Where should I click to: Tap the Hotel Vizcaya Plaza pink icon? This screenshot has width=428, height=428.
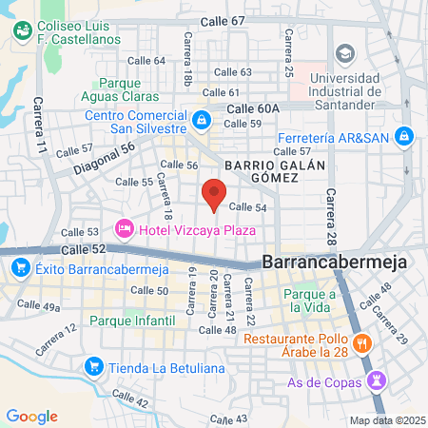(123, 228)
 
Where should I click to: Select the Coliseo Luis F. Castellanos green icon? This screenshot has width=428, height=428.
(21, 31)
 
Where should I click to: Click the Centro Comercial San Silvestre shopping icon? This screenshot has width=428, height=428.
(202, 120)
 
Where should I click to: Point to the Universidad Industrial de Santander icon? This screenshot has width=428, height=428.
(343, 52)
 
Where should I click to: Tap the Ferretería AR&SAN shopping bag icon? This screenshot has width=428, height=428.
(405, 136)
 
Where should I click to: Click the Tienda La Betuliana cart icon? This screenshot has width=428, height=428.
(93, 365)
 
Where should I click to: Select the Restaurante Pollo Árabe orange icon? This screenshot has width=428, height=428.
(361, 342)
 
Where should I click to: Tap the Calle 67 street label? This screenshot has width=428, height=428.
(224, 21)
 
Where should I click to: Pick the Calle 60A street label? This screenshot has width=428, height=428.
(252, 108)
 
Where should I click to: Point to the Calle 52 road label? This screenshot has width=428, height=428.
(81, 248)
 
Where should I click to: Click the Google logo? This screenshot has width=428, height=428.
(31, 416)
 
